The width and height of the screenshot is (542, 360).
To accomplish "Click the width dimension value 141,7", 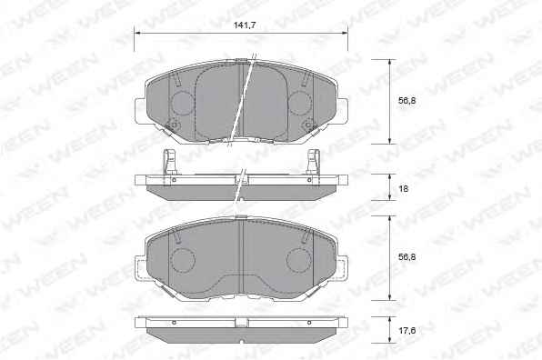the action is point(245,25).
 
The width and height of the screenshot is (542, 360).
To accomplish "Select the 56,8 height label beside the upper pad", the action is point(406,101).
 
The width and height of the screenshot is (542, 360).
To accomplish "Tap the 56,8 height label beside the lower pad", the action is point(406,257).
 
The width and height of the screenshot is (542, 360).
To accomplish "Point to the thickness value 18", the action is point(404,189).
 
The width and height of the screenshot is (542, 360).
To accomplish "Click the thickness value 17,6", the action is point(406,331).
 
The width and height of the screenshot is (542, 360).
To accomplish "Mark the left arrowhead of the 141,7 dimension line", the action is point(136,33).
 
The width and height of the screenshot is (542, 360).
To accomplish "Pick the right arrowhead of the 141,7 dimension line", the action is point(345,33).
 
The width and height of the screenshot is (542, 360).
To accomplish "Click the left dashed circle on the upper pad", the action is point(183,103).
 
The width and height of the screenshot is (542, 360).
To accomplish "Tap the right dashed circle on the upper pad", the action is point(299,103).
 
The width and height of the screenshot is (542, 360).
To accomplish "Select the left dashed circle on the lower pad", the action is point(183,260).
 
